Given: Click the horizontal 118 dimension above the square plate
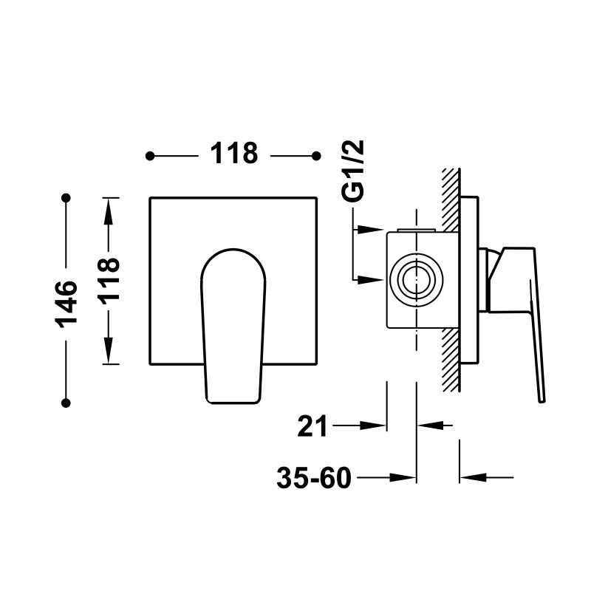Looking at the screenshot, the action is tap(233, 154).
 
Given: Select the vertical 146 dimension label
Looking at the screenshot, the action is tap(66, 304).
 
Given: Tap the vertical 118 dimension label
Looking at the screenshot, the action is tap(109, 279).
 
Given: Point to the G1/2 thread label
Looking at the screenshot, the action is tap(353, 171).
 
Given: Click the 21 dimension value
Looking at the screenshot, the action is tap(312, 426).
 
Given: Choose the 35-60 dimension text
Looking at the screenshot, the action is tap(314, 478).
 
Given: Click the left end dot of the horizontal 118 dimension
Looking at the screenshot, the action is tap(150, 156).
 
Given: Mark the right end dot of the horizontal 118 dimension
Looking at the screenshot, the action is tap(317, 156).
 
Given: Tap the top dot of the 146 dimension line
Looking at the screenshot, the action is tap(66, 197).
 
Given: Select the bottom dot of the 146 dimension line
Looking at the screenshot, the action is tap(66, 403).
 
